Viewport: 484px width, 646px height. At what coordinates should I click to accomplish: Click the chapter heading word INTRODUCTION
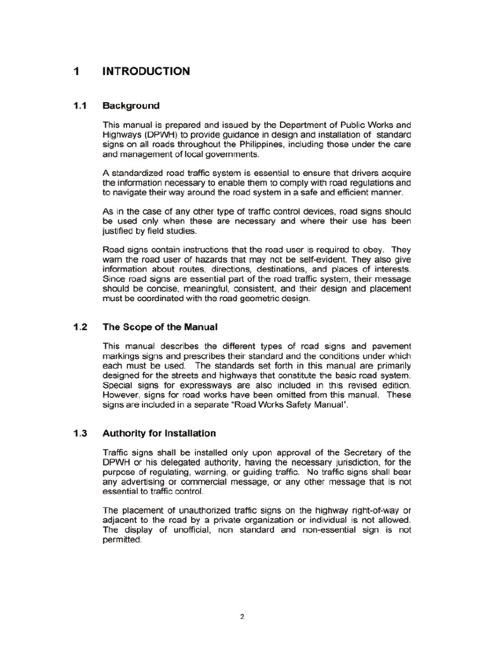click(145, 72)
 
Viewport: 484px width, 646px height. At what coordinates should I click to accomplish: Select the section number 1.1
click(79, 106)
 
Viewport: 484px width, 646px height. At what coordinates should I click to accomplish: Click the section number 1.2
click(79, 327)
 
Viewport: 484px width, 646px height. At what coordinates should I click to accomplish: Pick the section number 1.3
click(79, 433)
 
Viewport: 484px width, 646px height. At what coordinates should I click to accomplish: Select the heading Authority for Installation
click(159, 433)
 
